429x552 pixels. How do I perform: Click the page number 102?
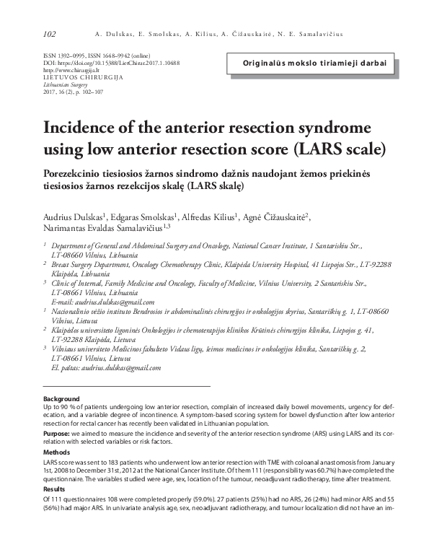point(50,33)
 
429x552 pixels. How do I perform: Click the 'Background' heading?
point(62,399)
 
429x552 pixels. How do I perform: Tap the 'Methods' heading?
point(58,452)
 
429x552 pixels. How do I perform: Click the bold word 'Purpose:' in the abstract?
point(58,433)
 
